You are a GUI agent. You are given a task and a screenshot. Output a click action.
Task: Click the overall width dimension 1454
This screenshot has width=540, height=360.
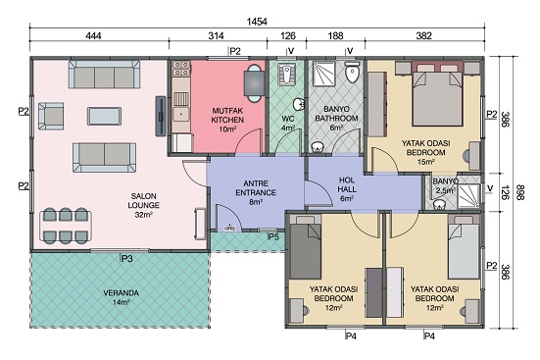tap(257, 22)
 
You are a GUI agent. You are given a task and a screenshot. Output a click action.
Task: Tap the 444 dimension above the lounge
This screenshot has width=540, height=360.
tap(93, 36)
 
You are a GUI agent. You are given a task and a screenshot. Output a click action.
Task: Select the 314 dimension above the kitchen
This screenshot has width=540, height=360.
tap(216, 36)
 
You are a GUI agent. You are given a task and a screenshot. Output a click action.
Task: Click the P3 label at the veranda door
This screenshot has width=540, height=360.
tap(126, 259)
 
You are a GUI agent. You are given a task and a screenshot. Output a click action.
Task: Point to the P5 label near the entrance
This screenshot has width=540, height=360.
tap(273, 237)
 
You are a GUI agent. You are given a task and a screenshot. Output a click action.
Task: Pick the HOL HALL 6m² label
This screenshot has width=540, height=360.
tap(347, 189)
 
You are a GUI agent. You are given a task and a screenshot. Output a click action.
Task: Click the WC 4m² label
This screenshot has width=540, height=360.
tap(288, 123)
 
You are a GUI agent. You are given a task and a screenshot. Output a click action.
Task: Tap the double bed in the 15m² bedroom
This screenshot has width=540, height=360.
tap(437, 96)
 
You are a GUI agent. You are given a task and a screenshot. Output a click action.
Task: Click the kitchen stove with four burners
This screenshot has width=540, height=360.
tap(181, 68)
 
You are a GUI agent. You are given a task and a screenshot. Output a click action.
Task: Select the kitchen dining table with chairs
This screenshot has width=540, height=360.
tap(254, 83)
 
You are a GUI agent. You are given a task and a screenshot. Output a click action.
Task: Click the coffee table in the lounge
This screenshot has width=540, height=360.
tap(104, 116)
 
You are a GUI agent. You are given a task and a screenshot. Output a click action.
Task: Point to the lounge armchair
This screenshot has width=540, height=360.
tap(51, 116)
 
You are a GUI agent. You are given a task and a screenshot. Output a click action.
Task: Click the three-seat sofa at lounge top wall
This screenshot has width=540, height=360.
tap(104, 75)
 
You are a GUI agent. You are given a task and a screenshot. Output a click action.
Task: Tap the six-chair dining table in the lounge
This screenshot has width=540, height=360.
tap(66, 226)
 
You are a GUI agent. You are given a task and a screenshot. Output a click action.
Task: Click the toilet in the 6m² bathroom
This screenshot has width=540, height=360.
tap(352, 72)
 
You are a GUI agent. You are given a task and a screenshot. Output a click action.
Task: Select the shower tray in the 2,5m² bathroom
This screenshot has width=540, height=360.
tap(468, 196)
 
